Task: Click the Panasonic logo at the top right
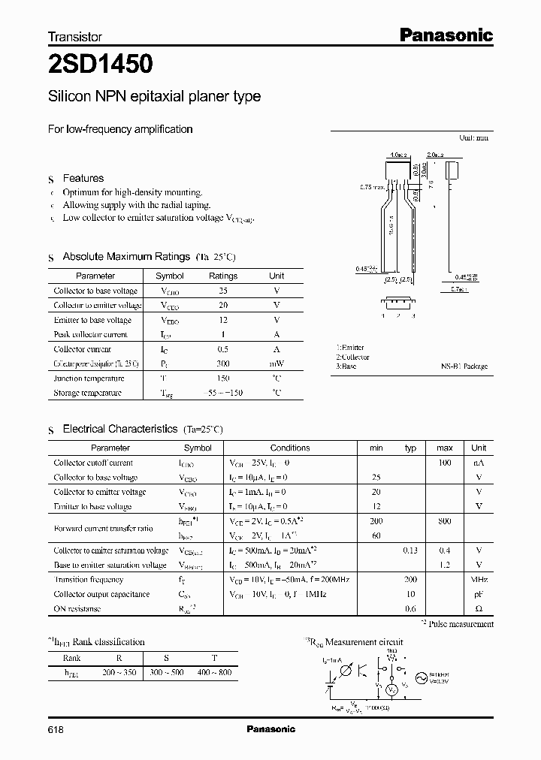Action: [445, 35]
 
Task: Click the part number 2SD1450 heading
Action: [101, 65]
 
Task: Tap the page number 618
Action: [56, 729]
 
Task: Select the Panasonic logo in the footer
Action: [270, 729]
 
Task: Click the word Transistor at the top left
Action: [75, 36]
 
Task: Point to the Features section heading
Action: [83, 179]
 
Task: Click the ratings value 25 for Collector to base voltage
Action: [222, 291]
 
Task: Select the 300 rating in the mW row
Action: [222, 363]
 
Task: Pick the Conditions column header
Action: [289, 448]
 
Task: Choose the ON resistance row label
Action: [77, 609]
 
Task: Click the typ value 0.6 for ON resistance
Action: [410, 609]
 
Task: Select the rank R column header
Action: [119, 657]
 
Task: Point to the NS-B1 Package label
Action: [464, 366]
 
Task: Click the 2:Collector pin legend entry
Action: [352, 357]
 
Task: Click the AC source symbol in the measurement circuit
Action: [421, 677]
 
